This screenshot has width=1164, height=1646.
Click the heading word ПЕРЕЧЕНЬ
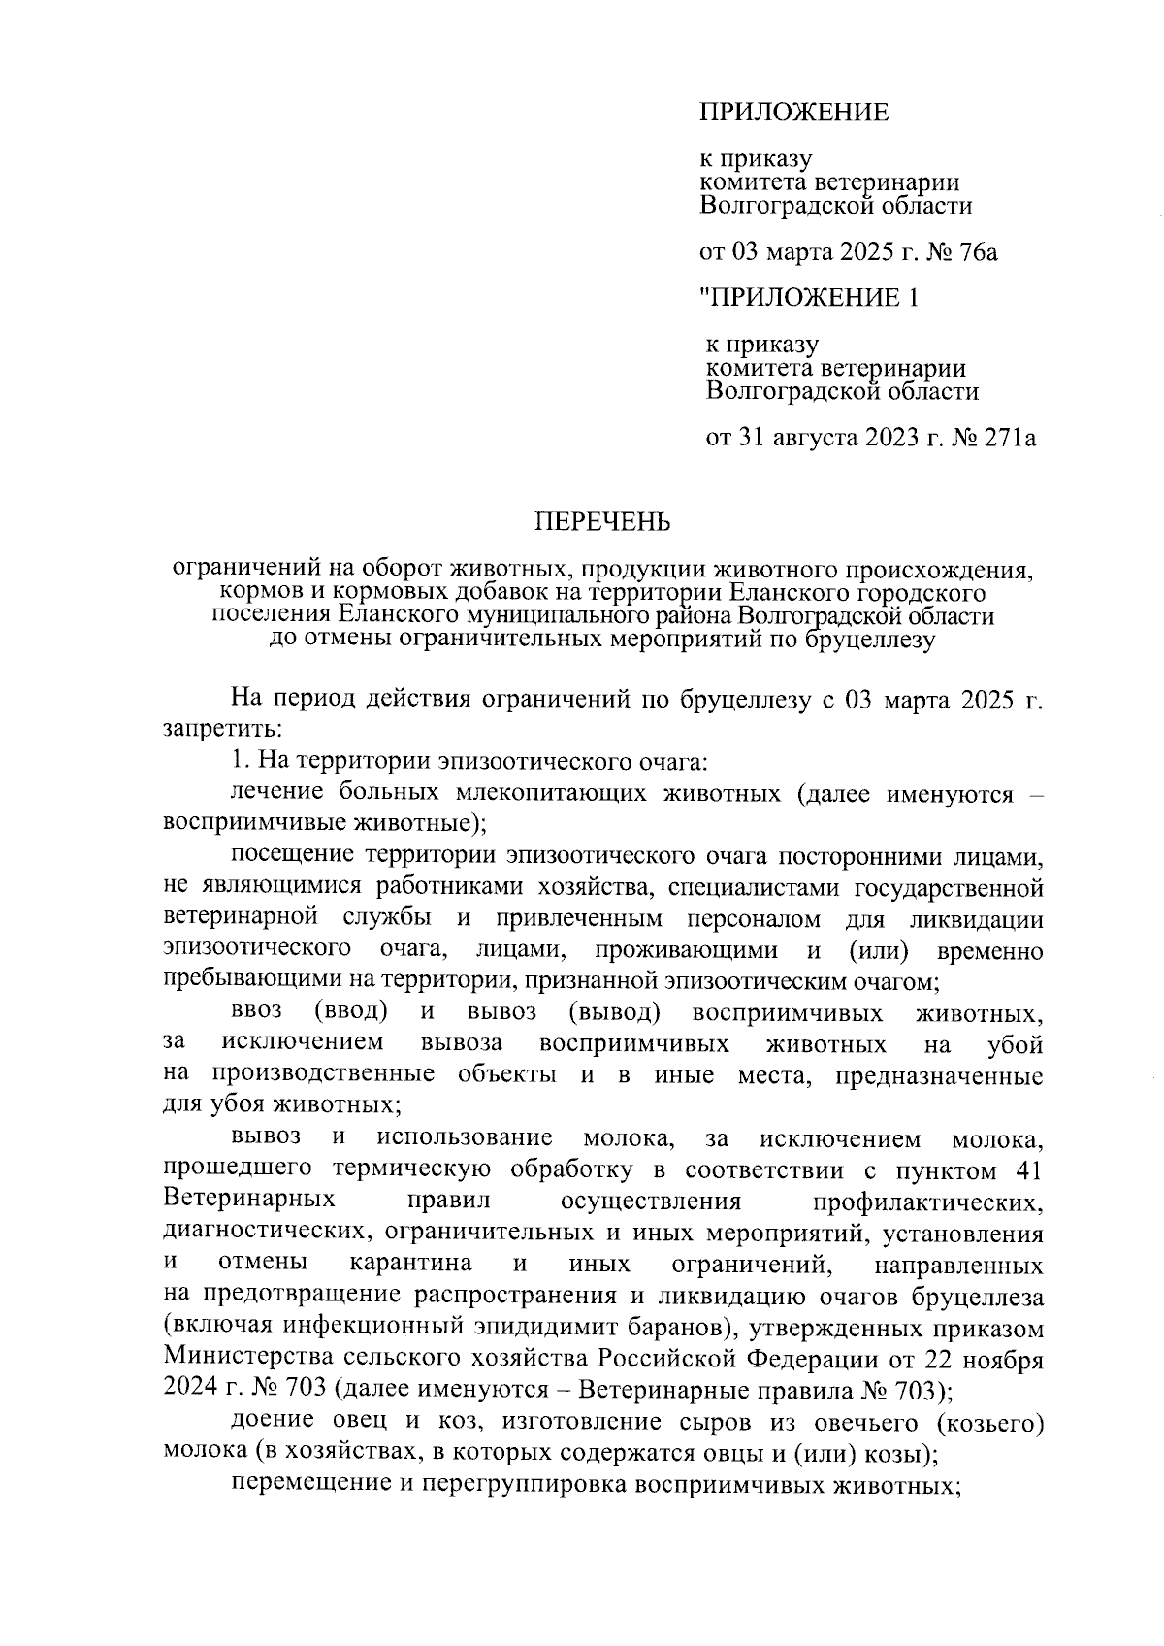(x=603, y=523)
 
